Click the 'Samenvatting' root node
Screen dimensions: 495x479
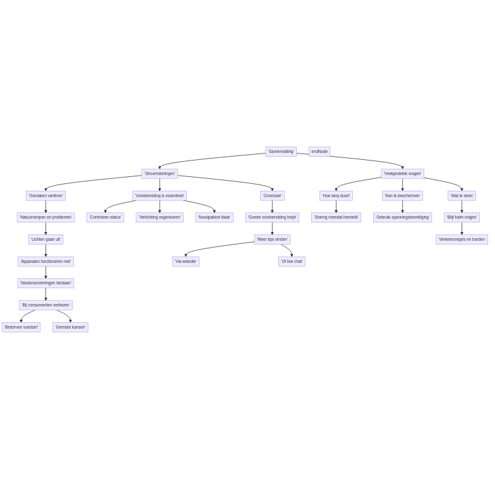click(280, 152)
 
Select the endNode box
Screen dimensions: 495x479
click(319, 152)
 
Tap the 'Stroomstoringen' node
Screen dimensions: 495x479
click(160, 173)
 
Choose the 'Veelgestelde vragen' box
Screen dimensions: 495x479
click(403, 173)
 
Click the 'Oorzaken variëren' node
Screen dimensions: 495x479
click(45, 196)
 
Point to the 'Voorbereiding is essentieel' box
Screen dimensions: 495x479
click(160, 196)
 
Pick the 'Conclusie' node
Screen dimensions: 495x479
click(273, 196)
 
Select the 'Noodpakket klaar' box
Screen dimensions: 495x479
click(215, 217)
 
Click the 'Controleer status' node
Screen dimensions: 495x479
click(105, 217)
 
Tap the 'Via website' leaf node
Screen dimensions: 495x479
click(186, 262)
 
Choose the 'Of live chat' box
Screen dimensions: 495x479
click(292, 262)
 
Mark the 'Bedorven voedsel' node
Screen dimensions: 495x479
click(21, 327)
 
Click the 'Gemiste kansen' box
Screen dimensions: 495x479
click(71, 327)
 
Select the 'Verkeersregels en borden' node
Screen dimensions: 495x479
click(462, 239)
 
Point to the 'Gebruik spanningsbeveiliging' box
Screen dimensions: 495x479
click(403, 217)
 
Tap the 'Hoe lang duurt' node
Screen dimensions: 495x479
click(336, 196)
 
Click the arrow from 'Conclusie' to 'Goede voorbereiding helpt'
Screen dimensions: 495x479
click(273, 207)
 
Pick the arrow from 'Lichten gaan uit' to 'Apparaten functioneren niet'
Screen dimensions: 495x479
click(45, 250)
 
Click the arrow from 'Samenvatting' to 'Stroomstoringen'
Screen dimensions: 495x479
click(212, 159)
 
